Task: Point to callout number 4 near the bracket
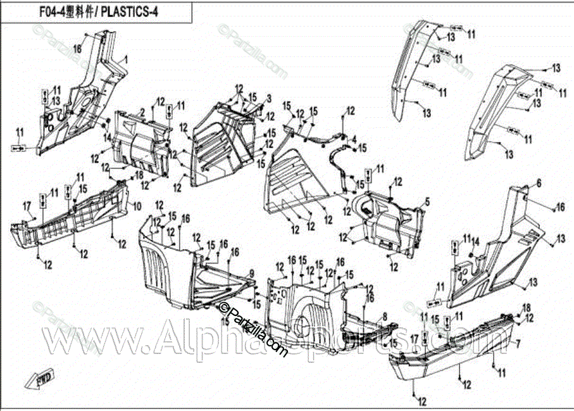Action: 354,139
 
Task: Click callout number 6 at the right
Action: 539,183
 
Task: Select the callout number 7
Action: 518,345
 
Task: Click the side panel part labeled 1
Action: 82,101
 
